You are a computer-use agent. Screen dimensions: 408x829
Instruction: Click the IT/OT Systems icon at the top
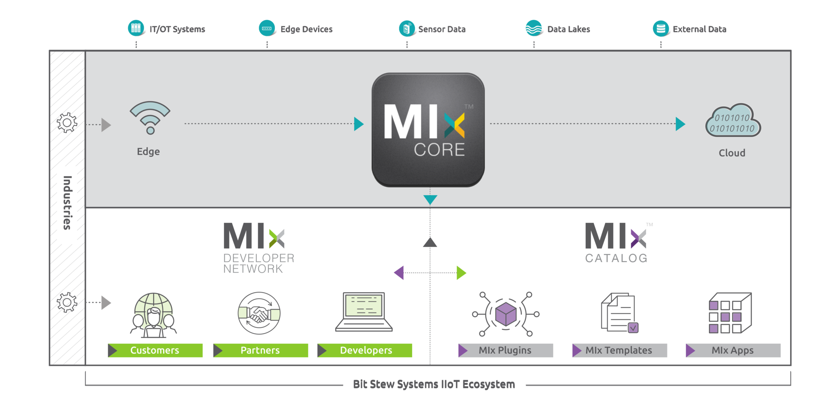pyautogui.click(x=136, y=28)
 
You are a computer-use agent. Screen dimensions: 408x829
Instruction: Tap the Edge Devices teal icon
pyautogui.click(x=267, y=28)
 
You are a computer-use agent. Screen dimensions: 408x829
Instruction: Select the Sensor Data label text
pyautogui.click(x=442, y=29)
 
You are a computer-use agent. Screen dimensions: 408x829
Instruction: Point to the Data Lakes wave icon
pyautogui.click(x=534, y=28)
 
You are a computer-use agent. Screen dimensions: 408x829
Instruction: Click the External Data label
pyautogui.click(x=699, y=29)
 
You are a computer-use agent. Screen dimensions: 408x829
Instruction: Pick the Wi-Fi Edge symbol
pyautogui.click(x=150, y=117)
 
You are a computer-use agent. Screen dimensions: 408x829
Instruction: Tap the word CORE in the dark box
pyautogui.click(x=439, y=150)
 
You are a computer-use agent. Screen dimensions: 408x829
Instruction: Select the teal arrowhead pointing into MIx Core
pyautogui.click(x=358, y=124)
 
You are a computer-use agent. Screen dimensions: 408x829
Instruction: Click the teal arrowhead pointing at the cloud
pyautogui.click(x=680, y=124)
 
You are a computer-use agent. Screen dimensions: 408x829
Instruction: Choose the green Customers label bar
pyautogui.click(x=155, y=350)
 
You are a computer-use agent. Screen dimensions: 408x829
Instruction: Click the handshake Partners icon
pyautogui.click(x=259, y=313)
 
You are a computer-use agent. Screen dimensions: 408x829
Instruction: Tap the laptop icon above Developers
pyautogui.click(x=364, y=311)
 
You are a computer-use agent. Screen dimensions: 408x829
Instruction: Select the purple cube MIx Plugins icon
pyautogui.click(x=506, y=314)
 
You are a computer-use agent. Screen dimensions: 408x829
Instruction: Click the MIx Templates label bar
pyautogui.click(x=619, y=350)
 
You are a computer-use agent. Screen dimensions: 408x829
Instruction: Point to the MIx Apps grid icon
pyautogui.click(x=730, y=313)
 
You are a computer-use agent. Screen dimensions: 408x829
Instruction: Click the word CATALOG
pyautogui.click(x=616, y=258)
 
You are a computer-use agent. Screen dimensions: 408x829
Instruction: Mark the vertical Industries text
pyautogui.click(x=67, y=203)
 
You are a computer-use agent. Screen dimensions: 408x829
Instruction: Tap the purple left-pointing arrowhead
pyautogui.click(x=399, y=273)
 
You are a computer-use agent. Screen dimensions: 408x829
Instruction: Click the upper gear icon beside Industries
pyautogui.click(x=67, y=123)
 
